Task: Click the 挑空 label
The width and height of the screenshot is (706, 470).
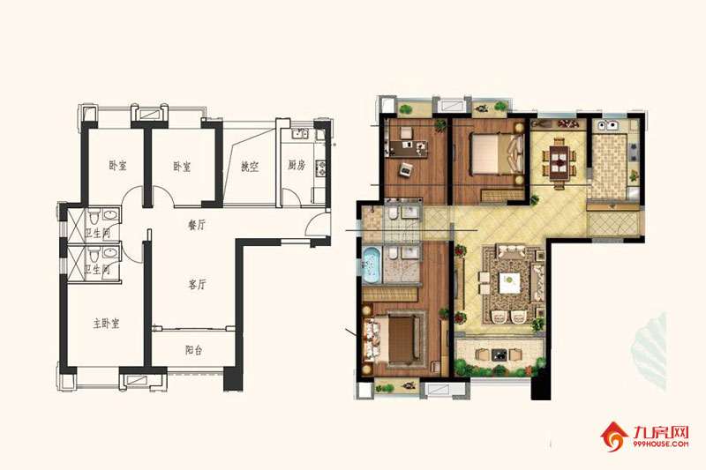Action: point(250,167)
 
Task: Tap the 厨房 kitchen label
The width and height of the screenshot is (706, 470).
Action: point(297,165)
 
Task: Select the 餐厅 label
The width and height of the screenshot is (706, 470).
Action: point(196,225)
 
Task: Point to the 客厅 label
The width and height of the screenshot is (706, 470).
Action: point(197,284)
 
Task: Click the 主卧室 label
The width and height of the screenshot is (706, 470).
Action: point(106,323)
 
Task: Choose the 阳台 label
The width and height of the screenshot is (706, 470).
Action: point(193,349)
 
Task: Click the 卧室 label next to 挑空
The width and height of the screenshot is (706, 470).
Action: point(182,167)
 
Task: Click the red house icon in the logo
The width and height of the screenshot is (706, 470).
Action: point(613,436)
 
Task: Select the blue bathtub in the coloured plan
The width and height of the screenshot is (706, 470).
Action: point(372,265)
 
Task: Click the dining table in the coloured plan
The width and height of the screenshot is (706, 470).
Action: point(560,160)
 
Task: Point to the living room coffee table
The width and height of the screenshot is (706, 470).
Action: point(509,282)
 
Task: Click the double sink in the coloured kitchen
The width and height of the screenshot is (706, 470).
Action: point(610,125)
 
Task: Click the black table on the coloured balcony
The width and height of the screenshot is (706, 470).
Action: point(498,354)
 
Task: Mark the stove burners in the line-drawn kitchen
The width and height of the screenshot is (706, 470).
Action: point(321,168)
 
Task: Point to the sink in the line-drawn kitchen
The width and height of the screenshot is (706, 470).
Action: point(299,133)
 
